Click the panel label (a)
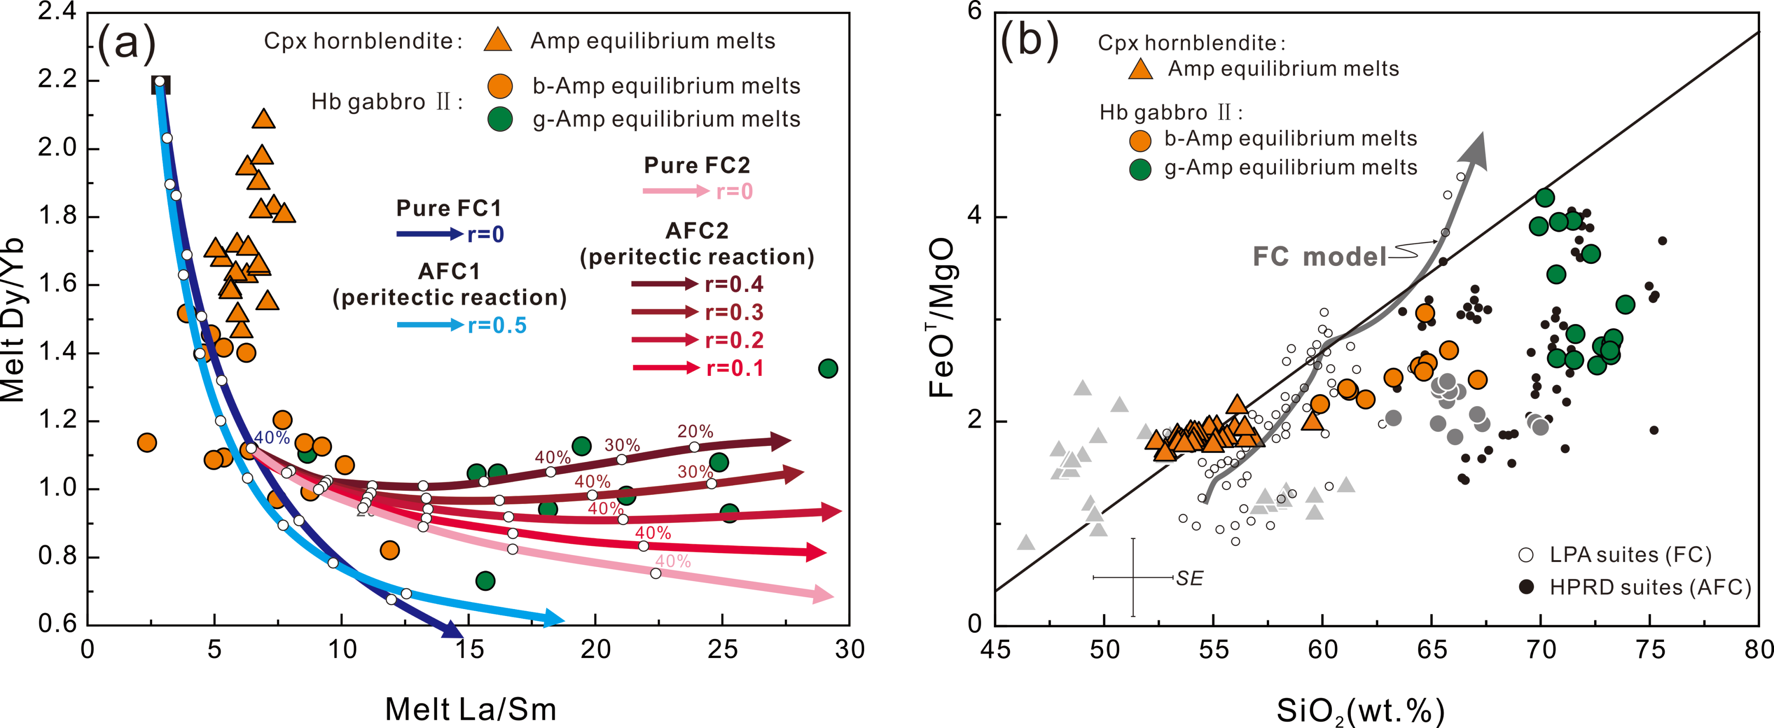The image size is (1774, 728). click(127, 43)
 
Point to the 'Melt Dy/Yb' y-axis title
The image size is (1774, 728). click(14, 320)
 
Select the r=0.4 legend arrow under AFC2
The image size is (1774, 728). click(664, 283)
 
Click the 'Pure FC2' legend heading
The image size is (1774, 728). click(696, 165)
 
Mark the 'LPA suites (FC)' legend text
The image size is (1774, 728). click(1629, 555)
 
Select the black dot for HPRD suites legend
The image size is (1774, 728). click(1526, 587)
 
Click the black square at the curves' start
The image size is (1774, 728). click(160, 85)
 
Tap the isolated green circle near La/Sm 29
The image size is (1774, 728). click(828, 369)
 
